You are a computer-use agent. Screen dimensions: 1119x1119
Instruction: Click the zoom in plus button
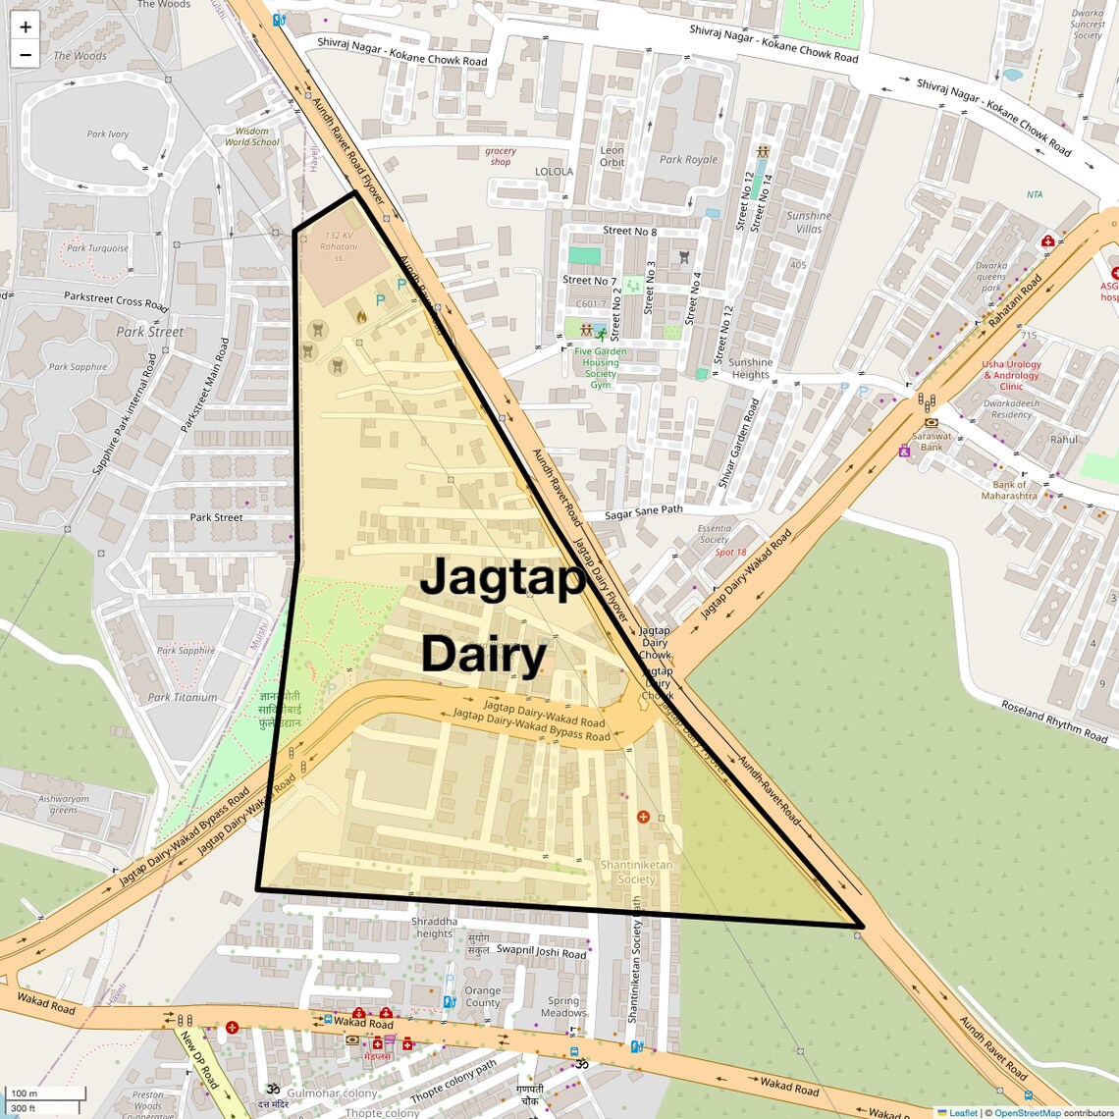26,27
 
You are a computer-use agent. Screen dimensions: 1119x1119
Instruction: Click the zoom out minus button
26,55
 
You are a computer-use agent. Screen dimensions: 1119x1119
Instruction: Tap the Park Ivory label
108,134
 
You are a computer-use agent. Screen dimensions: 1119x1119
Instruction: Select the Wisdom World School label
252,136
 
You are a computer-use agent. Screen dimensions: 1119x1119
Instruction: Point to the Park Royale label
688,160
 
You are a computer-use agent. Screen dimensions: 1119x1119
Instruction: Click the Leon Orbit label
612,156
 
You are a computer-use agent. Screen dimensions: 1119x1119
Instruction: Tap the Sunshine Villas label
809,222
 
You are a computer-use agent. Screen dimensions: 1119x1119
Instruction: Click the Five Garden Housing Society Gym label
601,368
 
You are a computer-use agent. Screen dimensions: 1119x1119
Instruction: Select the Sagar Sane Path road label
644,511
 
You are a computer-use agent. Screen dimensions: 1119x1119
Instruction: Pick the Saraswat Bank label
932,441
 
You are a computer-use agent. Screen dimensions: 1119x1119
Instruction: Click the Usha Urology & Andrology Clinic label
1011,375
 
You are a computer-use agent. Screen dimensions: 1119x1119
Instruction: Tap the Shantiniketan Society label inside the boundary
637,872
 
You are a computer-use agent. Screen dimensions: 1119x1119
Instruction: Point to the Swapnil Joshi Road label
541,951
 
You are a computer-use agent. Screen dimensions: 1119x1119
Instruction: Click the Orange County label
482,996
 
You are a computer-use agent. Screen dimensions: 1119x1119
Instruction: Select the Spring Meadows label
563,1007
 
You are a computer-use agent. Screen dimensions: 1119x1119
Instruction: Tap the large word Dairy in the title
483,655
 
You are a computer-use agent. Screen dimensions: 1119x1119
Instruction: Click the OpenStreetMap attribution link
1027,1113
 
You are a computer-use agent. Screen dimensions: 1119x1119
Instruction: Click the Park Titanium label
183,697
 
